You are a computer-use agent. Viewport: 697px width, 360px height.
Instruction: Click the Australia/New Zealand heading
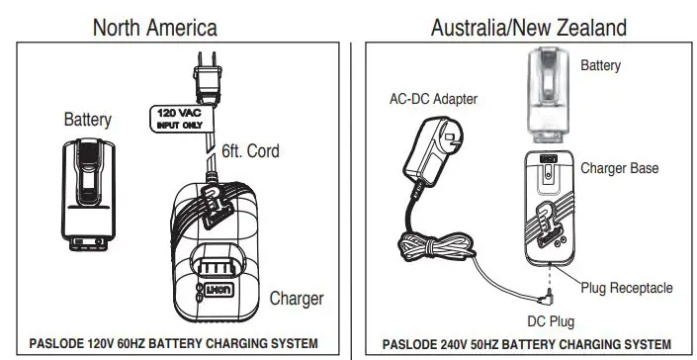(528, 27)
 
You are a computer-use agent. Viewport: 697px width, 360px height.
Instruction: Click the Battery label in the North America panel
(87, 121)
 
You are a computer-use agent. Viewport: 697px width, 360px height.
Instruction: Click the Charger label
(296, 297)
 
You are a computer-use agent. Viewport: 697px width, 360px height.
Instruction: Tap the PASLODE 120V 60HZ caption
(173, 344)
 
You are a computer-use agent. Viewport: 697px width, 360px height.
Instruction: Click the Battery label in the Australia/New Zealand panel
(600, 66)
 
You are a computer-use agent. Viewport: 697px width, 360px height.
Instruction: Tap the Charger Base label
(619, 168)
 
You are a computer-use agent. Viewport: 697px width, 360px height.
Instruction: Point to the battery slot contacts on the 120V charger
(219, 269)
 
